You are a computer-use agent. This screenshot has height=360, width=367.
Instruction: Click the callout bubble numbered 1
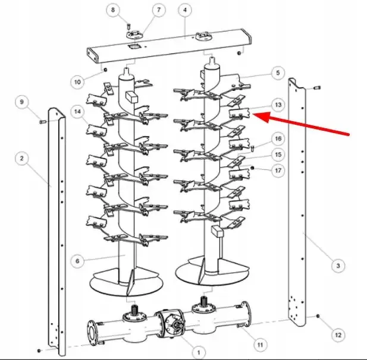point(199,352)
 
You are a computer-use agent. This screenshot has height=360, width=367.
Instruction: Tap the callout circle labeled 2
point(22,158)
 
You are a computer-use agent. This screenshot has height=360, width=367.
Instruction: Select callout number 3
point(338,266)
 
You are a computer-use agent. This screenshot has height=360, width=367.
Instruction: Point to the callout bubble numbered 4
point(185,10)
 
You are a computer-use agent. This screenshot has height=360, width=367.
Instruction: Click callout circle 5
point(278,72)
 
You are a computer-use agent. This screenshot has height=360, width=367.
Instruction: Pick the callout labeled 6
point(78,261)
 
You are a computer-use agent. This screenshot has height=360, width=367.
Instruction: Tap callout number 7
point(159,10)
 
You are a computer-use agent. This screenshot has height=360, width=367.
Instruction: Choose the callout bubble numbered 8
point(113,10)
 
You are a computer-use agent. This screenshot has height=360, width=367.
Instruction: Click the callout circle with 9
point(22,102)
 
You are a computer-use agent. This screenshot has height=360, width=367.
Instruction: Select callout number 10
point(77,82)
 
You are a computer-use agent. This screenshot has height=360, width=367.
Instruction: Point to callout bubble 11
point(261,345)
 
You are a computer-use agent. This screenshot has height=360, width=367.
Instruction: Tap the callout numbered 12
point(338,335)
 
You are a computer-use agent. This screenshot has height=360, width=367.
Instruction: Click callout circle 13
point(278,105)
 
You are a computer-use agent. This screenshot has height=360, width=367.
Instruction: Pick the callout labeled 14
point(78,112)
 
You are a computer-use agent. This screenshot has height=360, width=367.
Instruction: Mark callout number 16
point(278,138)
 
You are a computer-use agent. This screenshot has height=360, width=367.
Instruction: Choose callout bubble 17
point(278,170)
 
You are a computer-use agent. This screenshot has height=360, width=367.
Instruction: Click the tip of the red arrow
point(253,114)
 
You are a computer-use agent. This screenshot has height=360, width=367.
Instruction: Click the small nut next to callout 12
point(318,316)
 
